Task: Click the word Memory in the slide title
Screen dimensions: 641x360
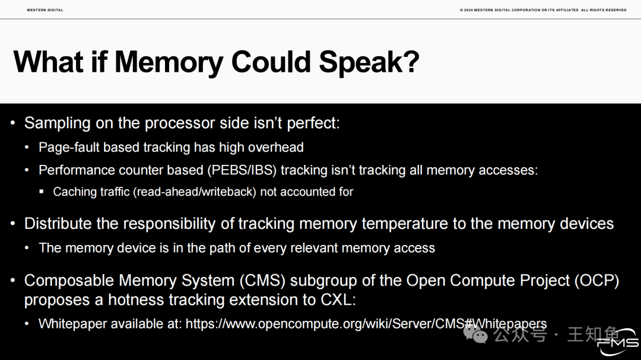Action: tap(169, 62)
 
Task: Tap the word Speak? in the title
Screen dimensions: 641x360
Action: tap(369, 62)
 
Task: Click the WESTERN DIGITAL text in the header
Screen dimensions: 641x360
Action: tap(45, 10)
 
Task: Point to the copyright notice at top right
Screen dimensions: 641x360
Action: tap(543, 10)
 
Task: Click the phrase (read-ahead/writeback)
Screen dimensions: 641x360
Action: tap(195, 192)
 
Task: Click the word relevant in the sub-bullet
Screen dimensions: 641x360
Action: tap(310, 248)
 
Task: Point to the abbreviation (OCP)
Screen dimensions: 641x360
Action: tap(596, 281)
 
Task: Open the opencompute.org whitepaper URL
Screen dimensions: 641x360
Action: tap(366, 324)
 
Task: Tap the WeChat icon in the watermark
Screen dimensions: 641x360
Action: tap(475, 334)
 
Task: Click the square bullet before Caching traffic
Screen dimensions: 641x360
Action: tap(42, 191)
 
